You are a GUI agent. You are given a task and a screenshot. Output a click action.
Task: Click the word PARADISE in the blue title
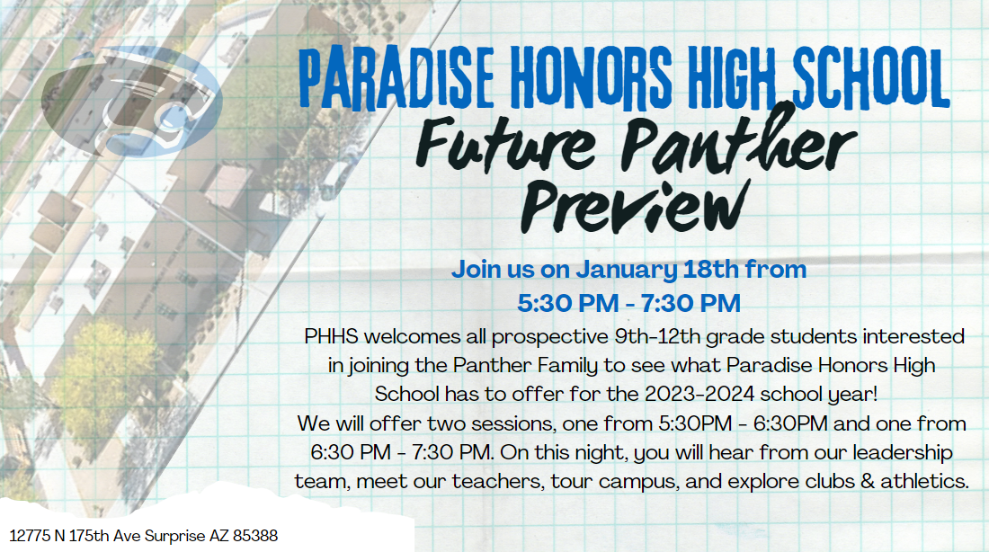pos(396,78)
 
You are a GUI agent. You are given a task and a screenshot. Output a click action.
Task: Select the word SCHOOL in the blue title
pos(871,78)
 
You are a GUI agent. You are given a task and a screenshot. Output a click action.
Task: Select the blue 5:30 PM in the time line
pos(567,304)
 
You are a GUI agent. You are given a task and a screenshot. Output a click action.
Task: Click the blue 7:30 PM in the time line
pos(691,304)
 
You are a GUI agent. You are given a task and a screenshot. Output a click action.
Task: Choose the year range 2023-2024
pos(699,395)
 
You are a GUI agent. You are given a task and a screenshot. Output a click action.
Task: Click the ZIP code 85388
pos(255,536)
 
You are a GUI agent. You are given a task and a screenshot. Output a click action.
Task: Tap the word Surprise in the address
pos(175,537)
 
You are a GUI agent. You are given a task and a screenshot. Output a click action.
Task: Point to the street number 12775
pos(30,536)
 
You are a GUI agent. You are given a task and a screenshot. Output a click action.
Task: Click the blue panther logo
pos(132,101)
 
